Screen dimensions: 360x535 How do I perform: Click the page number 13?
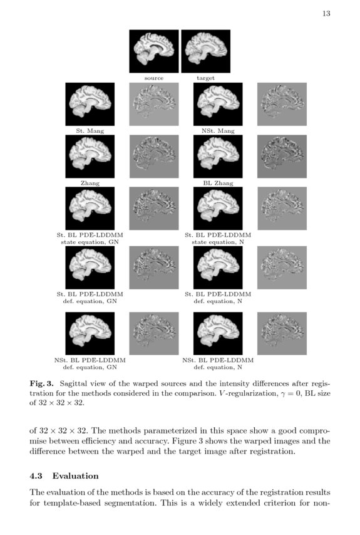click(326, 13)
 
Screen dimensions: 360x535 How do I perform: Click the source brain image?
click(154, 51)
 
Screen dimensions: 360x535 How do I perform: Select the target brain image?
click(205, 51)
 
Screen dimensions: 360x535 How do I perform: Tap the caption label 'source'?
click(154, 78)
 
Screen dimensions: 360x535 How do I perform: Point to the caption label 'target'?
click(205, 78)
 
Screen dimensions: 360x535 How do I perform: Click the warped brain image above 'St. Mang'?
click(90, 104)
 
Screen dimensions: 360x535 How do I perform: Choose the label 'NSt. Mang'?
click(218, 131)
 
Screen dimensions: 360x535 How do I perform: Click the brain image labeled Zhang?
click(90, 157)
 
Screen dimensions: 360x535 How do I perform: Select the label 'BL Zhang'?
click(218, 184)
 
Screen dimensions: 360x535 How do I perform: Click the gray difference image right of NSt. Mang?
click(282, 104)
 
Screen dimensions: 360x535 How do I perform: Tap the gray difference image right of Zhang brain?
click(154, 157)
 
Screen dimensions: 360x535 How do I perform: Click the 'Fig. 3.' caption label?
click(41, 382)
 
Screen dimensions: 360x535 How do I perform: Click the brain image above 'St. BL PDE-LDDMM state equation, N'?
click(218, 209)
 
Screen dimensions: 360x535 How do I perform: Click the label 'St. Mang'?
click(90, 131)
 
